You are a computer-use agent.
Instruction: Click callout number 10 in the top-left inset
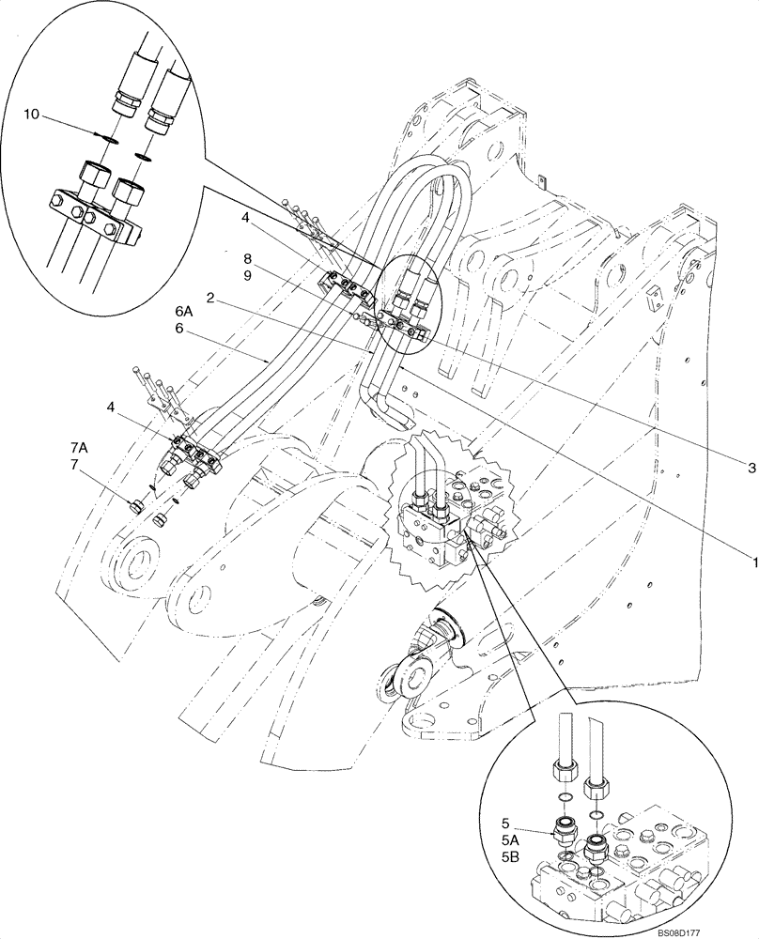(x=32, y=114)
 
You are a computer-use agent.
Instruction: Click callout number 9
(x=245, y=275)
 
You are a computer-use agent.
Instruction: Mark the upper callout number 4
(x=244, y=218)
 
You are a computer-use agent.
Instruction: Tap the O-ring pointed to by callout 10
(x=110, y=138)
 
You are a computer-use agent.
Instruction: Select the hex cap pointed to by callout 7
(x=135, y=508)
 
